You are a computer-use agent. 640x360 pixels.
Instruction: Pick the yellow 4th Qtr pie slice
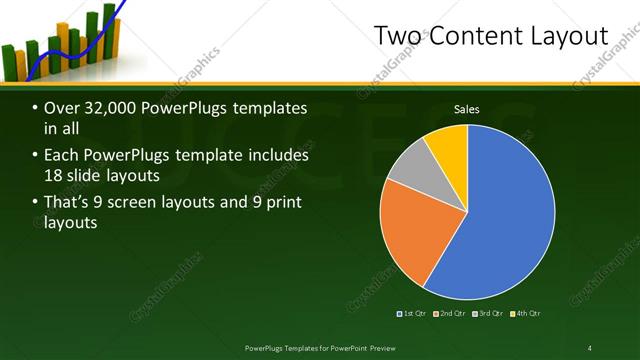447,146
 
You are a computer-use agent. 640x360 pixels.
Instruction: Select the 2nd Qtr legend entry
451,314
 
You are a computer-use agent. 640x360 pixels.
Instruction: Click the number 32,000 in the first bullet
102,108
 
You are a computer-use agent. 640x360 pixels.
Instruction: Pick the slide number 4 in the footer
589,347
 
